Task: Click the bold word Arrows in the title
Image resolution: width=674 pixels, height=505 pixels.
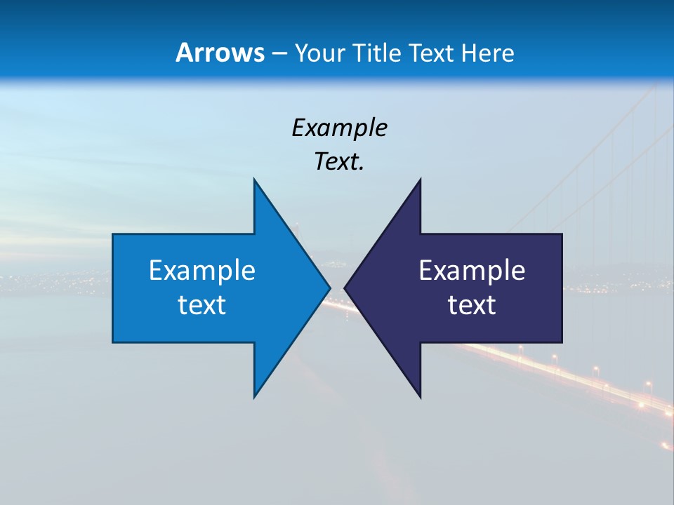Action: pos(220,53)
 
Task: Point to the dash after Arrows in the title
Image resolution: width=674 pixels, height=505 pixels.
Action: pos(279,53)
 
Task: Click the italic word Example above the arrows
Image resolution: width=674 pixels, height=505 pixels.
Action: pos(339,128)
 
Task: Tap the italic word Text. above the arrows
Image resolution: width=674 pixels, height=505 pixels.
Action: pos(339,161)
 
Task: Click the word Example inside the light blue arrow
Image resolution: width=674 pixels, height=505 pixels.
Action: pos(202,270)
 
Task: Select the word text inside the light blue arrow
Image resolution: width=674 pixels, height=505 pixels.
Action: pos(202,305)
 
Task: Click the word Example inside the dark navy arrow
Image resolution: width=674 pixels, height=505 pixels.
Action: pos(472,270)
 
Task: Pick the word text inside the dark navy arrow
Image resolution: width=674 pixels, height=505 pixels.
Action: pos(472,305)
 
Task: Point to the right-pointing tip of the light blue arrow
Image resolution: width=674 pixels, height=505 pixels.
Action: pos(330,288)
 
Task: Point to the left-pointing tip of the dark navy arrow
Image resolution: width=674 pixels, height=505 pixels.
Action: pos(345,288)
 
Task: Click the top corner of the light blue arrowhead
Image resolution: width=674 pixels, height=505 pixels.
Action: pos(254,180)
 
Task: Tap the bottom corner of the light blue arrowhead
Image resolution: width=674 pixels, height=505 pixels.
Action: pos(254,397)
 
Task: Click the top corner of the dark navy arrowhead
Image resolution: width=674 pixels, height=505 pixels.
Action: pos(420,180)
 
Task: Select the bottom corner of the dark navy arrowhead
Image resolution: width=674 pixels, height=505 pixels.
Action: pos(420,397)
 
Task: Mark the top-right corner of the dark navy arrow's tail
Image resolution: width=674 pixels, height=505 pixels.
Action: pos(562,234)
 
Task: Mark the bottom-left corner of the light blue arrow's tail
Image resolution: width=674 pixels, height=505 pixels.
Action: pos(113,342)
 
